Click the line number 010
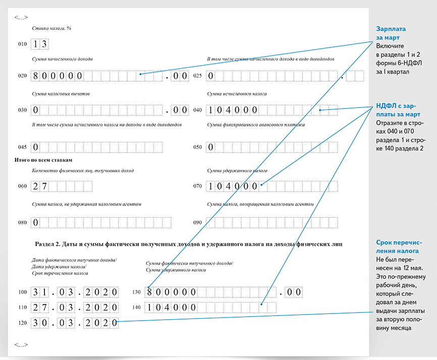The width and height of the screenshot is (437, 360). tap(22, 44)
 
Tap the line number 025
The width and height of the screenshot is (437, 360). tap(198, 76)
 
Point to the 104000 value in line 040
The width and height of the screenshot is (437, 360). tap(233, 110)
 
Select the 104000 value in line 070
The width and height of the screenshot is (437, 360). tap(233, 186)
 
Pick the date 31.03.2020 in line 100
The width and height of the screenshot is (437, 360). tap(75, 292)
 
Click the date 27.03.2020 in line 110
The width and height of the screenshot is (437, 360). tap(75, 307)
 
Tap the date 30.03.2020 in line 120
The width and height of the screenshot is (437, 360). tap(75, 322)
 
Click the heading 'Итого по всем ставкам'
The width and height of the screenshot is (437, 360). tap(49, 160)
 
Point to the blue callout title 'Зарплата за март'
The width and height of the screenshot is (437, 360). tap(391, 33)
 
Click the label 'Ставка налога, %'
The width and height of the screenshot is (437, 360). tap(51, 28)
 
